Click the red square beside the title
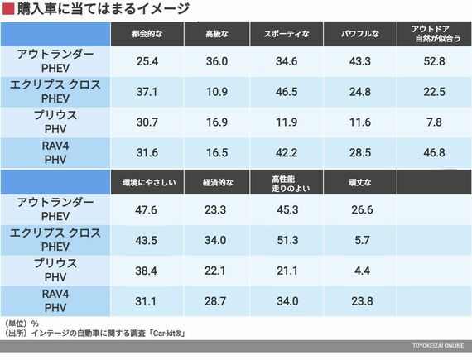click(x=8, y=8)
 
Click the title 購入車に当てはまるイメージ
click(x=104, y=8)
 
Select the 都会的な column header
click(x=147, y=34)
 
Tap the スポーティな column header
click(x=287, y=34)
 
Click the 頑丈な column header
click(x=360, y=182)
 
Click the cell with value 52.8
click(x=434, y=61)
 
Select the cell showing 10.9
click(x=217, y=92)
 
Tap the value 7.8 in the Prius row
click(x=434, y=122)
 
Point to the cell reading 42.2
click(x=287, y=152)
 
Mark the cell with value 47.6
click(x=146, y=209)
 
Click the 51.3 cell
click(x=287, y=240)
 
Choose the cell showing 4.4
click(x=362, y=271)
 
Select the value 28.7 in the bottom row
click(x=215, y=301)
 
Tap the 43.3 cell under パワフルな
click(x=360, y=61)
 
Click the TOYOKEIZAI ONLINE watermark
click(x=438, y=346)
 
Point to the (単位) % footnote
click(x=22, y=324)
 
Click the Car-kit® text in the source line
click(x=168, y=334)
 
